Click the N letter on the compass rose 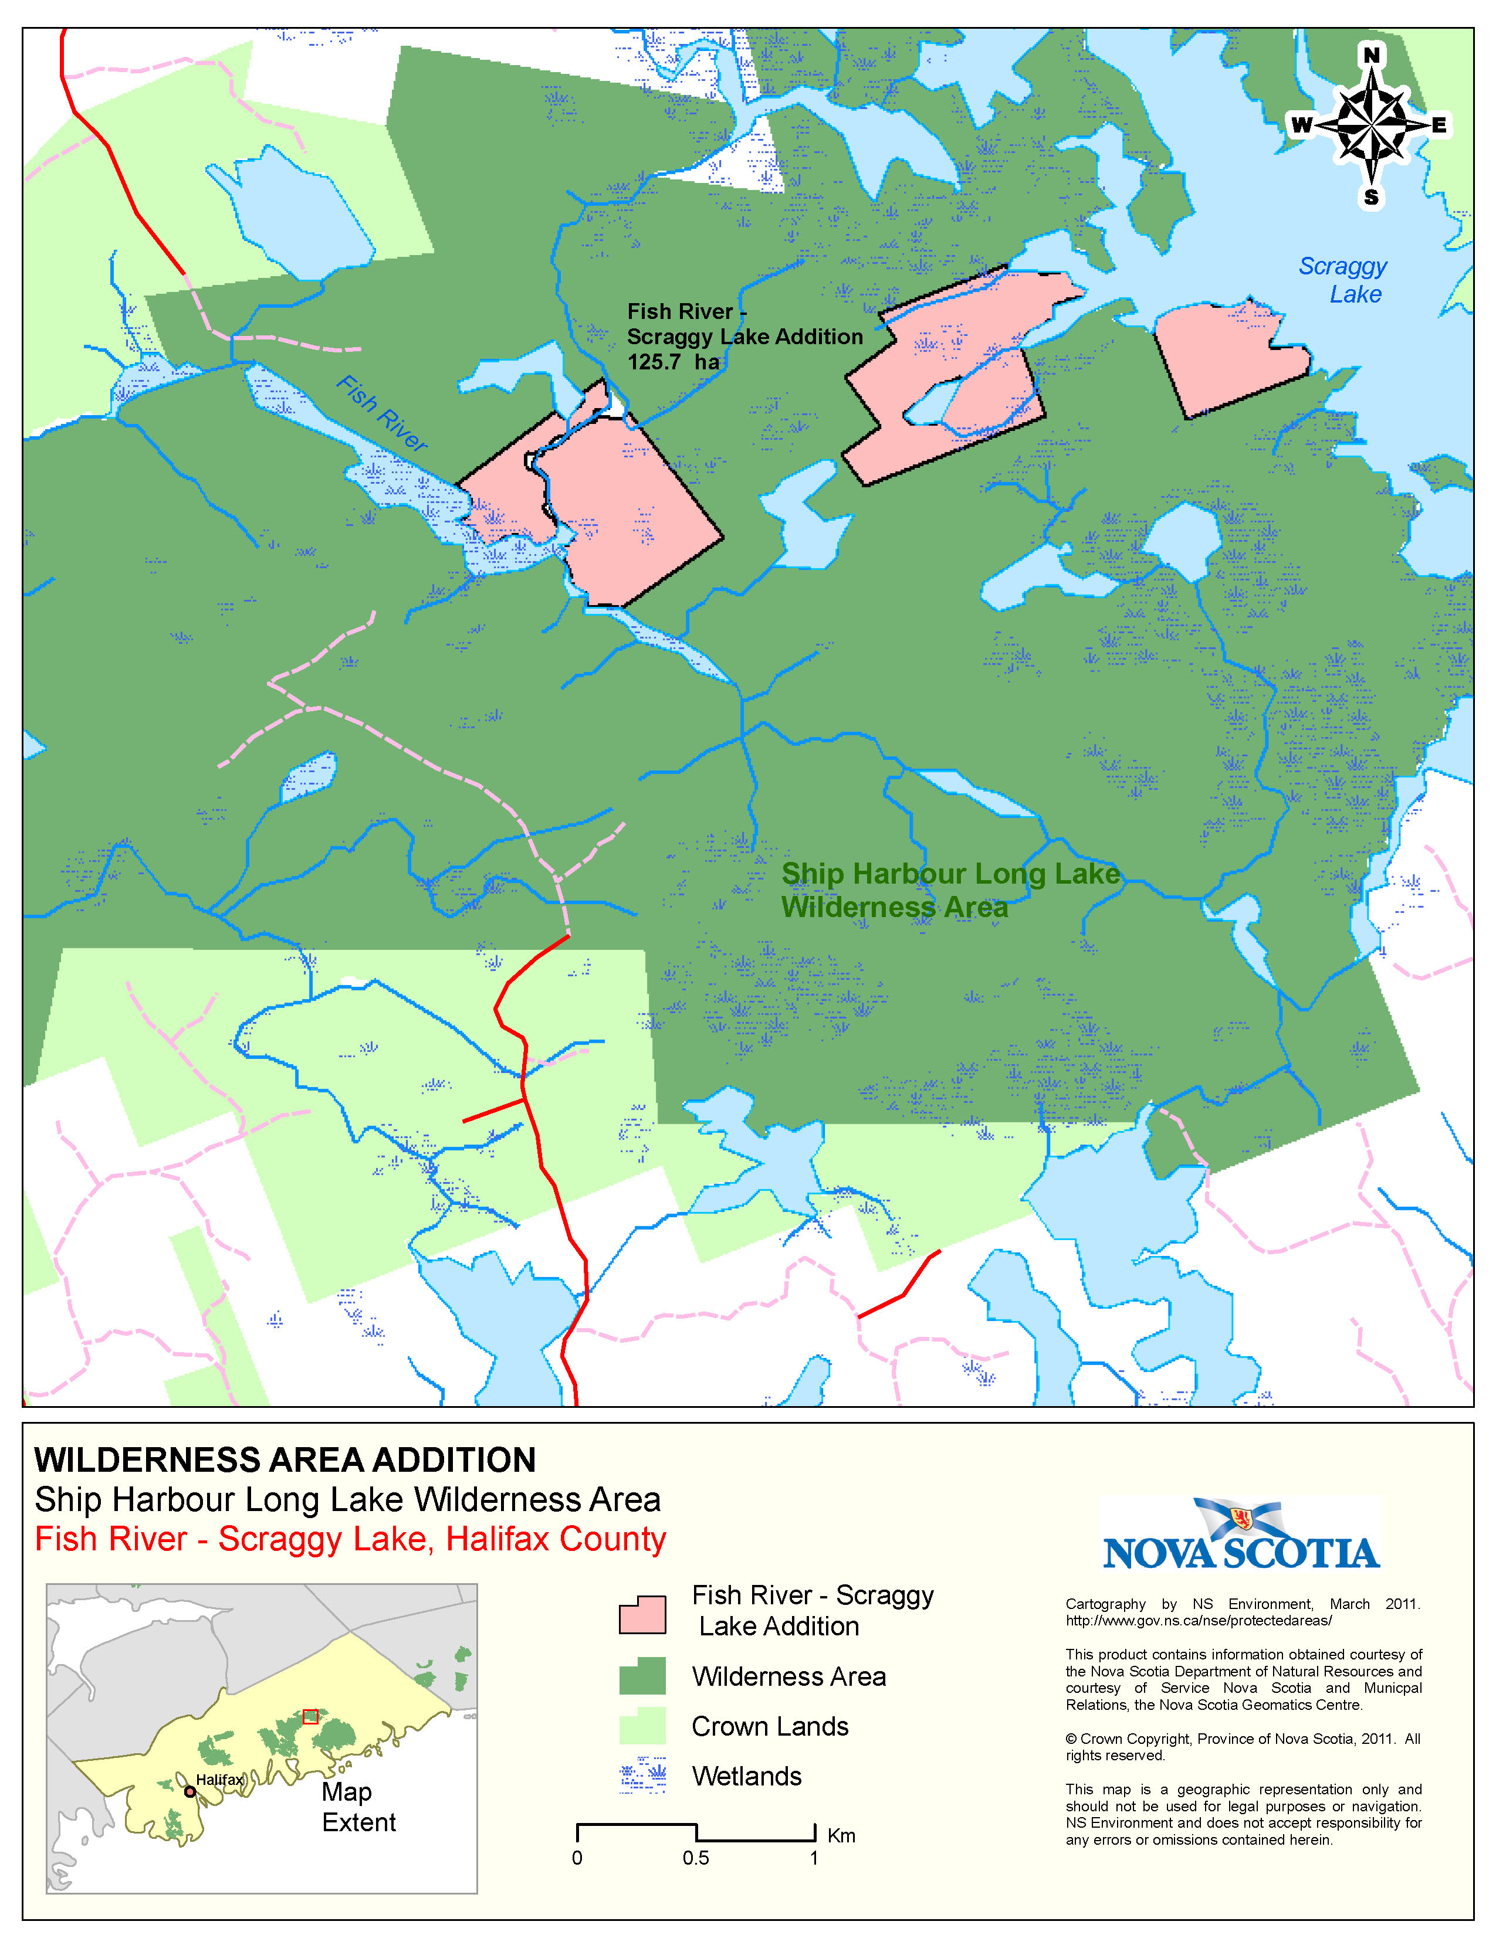pos(1371,56)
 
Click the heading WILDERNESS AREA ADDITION pos(285,1459)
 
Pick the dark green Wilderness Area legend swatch pos(642,1676)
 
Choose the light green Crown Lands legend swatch pos(642,1726)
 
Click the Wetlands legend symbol pos(642,1776)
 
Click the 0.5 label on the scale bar pos(696,1858)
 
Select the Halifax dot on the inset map pos(189,1791)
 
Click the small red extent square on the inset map pos(310,1716)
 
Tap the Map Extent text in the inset pos(358,1807)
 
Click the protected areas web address pos(1198,1621)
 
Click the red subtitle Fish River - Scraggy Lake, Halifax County pos(350,1539)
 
